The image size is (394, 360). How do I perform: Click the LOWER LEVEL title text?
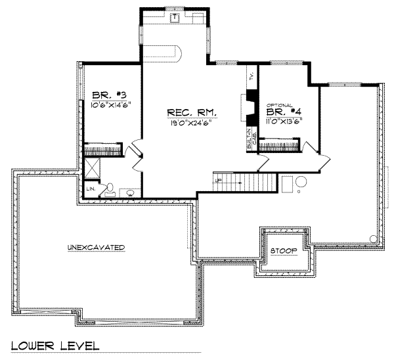point(55,346)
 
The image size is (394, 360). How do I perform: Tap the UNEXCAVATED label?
point(96,247)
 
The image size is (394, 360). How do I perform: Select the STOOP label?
point(283,251)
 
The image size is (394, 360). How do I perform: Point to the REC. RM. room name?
point(192,112)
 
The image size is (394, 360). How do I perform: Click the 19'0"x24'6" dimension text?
point(192,122)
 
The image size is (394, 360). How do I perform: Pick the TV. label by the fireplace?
point(252,77)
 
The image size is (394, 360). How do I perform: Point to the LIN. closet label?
point(91,190)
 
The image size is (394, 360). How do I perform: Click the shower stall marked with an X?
point(93,168)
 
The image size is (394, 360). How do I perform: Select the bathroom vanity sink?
point(130,192)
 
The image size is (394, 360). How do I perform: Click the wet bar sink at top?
point(175,16)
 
